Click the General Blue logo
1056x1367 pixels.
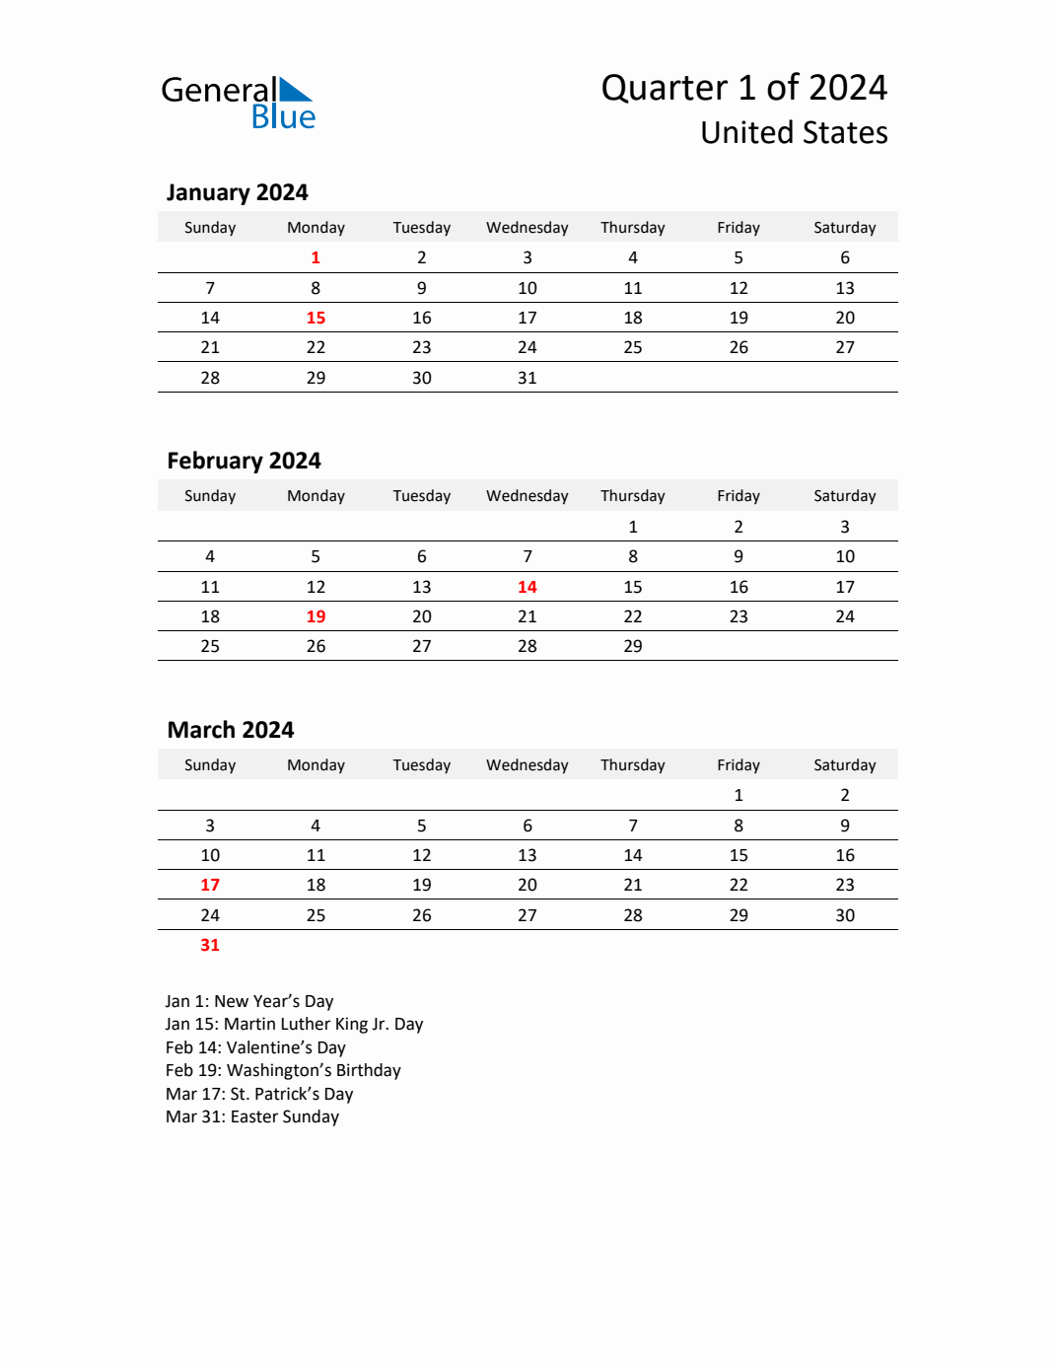tap(238, 103)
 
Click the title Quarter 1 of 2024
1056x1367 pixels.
tap(743, 88)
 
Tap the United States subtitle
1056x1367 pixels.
tap(794, 133)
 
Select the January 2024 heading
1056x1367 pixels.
tap(237, 192)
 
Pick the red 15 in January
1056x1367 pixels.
tap(316, 318)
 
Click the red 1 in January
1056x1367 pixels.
tap(316, 257)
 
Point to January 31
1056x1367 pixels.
tap(528, 378)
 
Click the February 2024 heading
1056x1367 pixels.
tap(244, 461)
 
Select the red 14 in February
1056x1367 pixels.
tap(528, 587)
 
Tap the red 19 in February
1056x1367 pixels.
tap(316, 616)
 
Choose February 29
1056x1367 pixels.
tap(633, 646)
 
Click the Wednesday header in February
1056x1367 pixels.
tap(528, 496)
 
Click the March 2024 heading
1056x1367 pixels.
tap(231, 730)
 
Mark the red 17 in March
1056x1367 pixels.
tap(210, 885)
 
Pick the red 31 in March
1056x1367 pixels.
tap(210, 945)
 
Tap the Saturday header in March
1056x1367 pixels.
tap(845, 765)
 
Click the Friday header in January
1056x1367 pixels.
tap(739, 228)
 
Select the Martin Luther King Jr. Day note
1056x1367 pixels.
tap(294, 1024)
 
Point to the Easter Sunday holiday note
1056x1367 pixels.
tap(252, 1116)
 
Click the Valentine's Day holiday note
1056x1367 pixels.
tap(255, 1047)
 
